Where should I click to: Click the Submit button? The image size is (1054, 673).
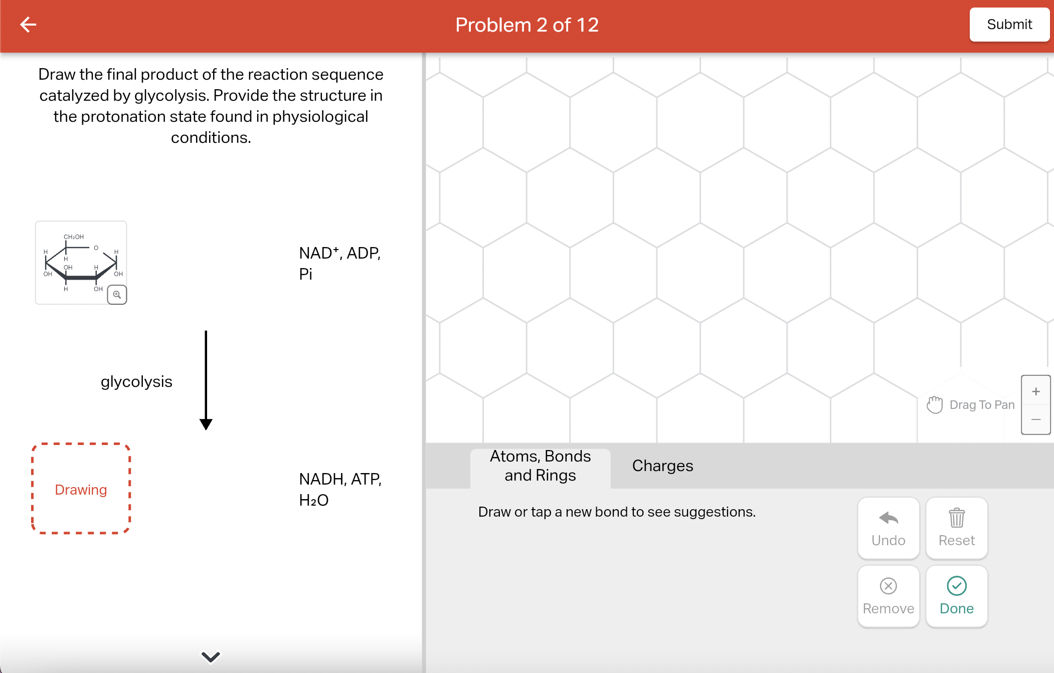pos(1009,25)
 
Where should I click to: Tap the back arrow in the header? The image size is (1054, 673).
pos(28,25)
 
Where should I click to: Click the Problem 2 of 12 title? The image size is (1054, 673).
pos(526,25)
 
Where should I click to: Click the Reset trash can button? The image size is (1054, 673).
pos(956,528)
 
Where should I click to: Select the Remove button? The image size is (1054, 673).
pos(888,596)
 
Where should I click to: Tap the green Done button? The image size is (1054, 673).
pos(956,596)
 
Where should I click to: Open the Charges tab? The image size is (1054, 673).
pos(662,466)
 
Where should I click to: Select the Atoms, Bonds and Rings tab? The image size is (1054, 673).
pos(540,466)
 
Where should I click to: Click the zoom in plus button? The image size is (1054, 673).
pos(1035,391)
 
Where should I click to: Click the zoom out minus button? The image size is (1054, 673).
pos(1035,419)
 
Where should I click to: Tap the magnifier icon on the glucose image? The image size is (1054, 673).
pos(117,295)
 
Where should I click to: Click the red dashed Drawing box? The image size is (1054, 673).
pos(81,489)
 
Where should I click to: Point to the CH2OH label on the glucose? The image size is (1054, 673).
pos(74,237)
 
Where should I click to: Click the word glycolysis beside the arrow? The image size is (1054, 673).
pos(136,381)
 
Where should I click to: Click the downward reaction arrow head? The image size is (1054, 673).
pos(206,424)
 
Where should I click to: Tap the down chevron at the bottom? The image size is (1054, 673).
pos(211,656)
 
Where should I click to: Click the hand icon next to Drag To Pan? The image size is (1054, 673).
pos(934,404)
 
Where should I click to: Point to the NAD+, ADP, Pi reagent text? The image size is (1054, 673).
pos(339,263)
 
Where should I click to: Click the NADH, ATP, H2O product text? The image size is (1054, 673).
pos(339,489)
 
